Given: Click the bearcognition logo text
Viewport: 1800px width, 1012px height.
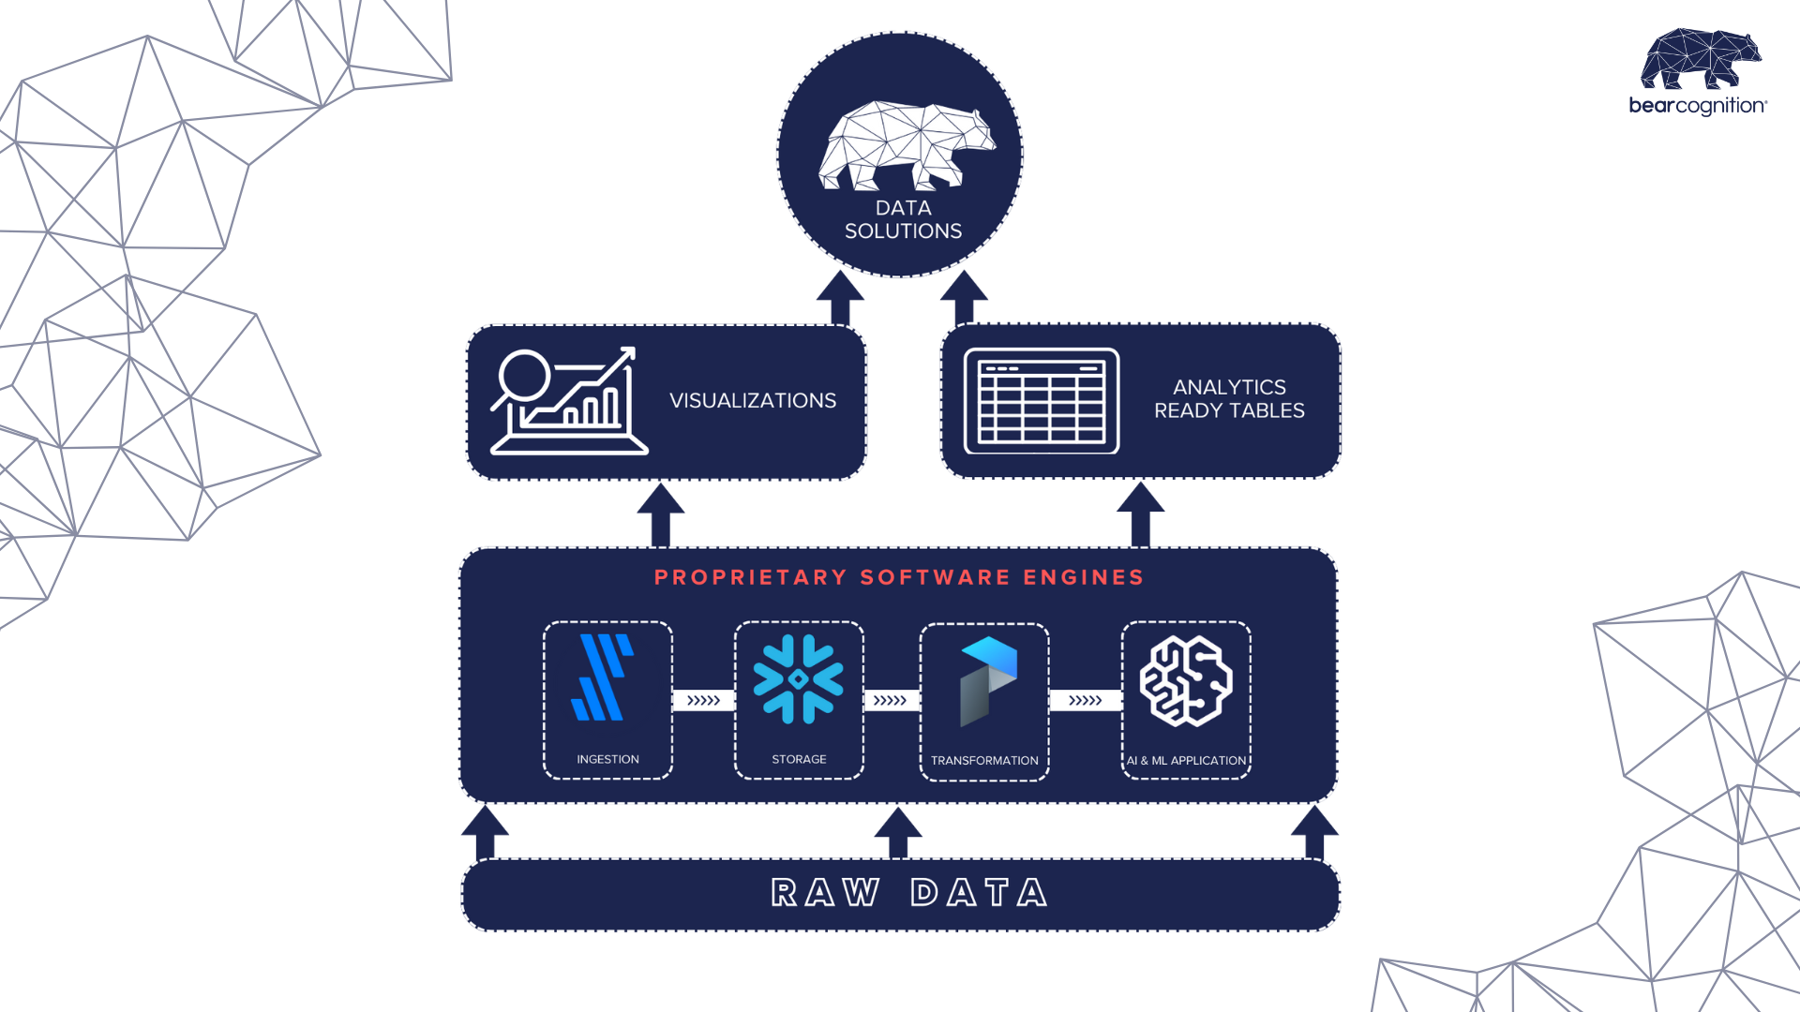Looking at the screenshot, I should (1697, 106).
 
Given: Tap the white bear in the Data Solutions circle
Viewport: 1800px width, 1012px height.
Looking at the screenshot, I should (904, 145).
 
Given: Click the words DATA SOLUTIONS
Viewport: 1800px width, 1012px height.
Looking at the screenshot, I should (903, 219).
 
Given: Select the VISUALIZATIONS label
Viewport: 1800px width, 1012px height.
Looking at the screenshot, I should (753, 401).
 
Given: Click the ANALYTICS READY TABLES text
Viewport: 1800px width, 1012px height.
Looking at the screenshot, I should (1229, 399).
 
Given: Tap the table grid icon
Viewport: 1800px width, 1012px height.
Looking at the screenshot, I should (1042, 401).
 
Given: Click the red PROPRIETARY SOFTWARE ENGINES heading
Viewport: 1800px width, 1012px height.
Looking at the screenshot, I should (899, 577).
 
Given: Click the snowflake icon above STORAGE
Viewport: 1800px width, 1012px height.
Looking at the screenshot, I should (799, 679).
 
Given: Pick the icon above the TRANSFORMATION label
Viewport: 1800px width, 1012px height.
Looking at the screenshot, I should (987, 681).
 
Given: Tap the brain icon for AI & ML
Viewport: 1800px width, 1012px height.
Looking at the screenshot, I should (1186, 681).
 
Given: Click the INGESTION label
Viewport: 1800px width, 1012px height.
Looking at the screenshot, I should (607, 759).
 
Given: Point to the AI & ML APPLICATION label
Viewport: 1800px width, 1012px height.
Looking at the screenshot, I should (1186, 760).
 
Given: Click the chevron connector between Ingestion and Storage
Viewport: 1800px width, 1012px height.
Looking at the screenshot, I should (703, 700).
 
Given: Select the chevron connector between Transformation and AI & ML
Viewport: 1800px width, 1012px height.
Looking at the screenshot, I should (1085, 700).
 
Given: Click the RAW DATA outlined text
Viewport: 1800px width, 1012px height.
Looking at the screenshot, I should (908, 893).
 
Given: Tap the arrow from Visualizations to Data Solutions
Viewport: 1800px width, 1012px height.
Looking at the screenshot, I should (840, 298).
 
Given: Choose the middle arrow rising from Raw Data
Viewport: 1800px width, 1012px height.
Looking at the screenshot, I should (898, 833).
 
